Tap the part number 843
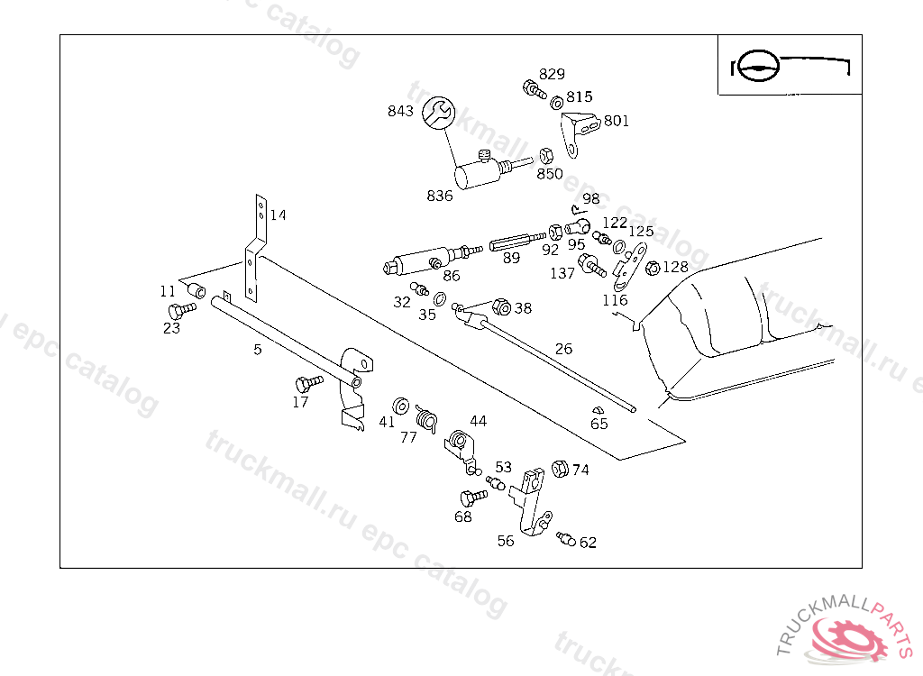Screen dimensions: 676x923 [x=400, y=112]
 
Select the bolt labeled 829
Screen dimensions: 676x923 [x=533, y=89]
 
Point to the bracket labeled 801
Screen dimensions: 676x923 [x=578, y=126]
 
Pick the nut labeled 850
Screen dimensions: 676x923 [x=545, y=155]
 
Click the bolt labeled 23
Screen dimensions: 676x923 [x=183, y=309]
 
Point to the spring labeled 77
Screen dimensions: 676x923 [x=425, y=417]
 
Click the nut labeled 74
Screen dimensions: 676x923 [x=558, y=469]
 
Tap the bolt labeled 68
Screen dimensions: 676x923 [x=469, y=498]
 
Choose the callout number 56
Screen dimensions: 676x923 [x=506, y=541]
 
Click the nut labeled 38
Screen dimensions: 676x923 [x=502, y=307]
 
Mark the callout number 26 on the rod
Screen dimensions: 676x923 [x=563, y=349]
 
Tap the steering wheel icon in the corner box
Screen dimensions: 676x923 [x=755, y=66]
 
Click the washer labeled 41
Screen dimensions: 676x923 [x=402, y=404]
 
